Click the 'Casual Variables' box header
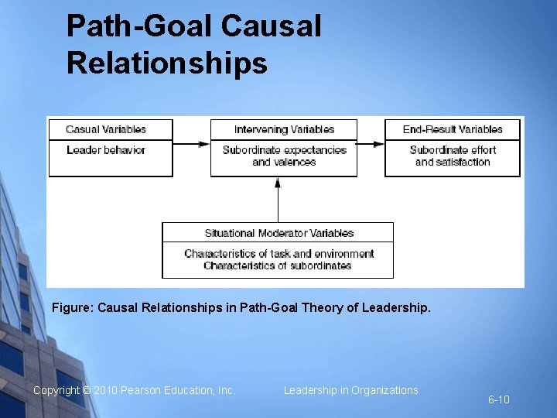click(x=106, y=129)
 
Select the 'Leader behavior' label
click(x=106, y=150)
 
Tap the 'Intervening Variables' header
click(x=284, y=129)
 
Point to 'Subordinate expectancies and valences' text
click(x=284, y=156)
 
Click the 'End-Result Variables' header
click(x=453, y=129)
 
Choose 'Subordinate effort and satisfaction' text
click(x=453, y=156)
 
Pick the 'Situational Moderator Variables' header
click(x=278, y=233)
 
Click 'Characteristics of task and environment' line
click(x=278, y=254)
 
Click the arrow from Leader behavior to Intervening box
click(x=192, y=144)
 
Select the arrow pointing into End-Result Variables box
click(x=371, y=144)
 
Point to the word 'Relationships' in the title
click(x=167, y=63)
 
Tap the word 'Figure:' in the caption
click(x=70, y=308)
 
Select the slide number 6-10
click(x=498, y=399)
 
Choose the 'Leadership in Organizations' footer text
click(x=350, y=390)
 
